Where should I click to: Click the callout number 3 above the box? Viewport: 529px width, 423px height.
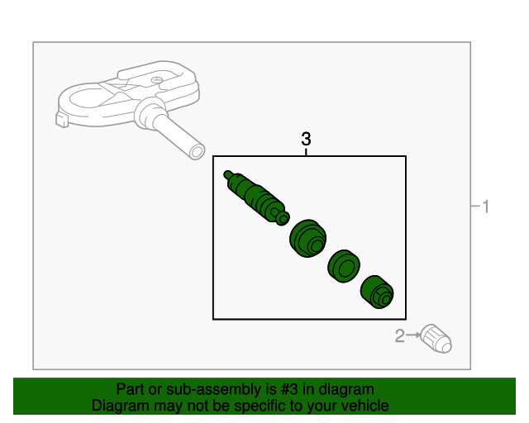click(306, 139)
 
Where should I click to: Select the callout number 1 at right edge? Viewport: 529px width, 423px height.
click(486, 207)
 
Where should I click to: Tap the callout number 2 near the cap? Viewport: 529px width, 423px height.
click(399, 335)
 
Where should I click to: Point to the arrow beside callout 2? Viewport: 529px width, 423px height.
click(413, 335)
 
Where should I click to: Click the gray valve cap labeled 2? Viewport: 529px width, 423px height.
click(436, 339)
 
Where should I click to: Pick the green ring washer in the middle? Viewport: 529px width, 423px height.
click(342, 266)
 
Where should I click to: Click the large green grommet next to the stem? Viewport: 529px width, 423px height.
click(307, 239)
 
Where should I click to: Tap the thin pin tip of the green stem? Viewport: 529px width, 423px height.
click(228, 174)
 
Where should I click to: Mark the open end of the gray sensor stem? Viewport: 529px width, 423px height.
click(196, 151)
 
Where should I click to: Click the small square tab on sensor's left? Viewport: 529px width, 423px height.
click(62, 120)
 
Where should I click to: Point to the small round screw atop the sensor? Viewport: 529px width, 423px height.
click(155, 78)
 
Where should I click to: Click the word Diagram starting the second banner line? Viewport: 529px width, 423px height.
click(118, 406)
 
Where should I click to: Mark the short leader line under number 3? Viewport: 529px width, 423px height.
click(306, 151)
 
